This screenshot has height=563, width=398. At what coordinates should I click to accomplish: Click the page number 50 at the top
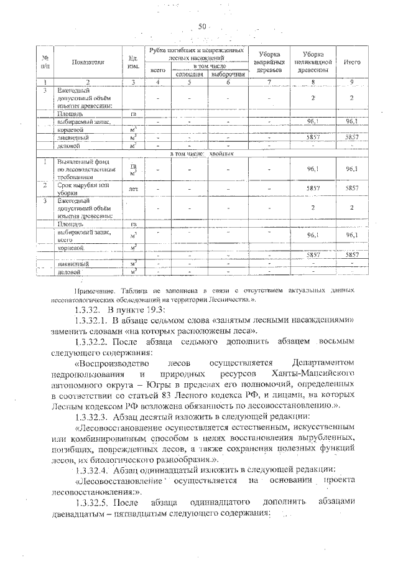click(x=201, y=26)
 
